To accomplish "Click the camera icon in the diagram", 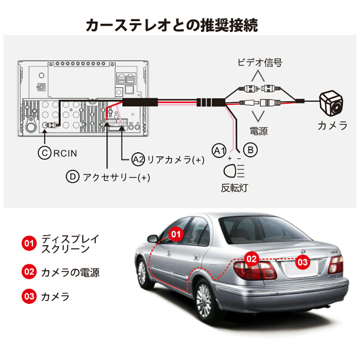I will (x=330, y=104).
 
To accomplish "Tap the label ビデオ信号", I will (x=260, y=63).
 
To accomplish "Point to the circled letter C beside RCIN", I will (x=45, y=152).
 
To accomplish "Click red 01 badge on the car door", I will (x=176, y=234).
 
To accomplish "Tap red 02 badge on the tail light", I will (x=251, y=259).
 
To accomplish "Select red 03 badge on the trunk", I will (x=303, y=262).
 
